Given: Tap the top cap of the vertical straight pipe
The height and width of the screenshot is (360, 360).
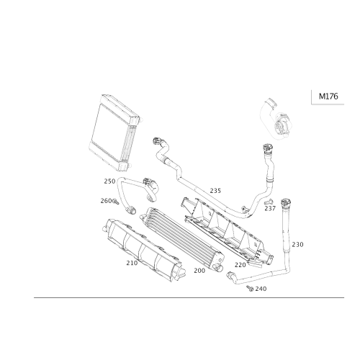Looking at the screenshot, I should pyautogui.click(x=286, y=202).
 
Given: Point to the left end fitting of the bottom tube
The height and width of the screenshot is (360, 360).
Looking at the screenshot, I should pyautogui.click(x=231, y=274).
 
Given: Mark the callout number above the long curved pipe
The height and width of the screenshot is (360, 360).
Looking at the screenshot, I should pyautogui.click(x=215, y=189).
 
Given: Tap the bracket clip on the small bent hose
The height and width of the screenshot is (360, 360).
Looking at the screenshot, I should pyautogui.click(x=152, y=186).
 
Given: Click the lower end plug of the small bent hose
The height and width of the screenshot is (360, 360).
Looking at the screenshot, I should pyautogui.click(x=131, y=210).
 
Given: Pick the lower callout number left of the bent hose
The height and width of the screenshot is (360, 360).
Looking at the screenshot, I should pyautogui.click(x=107, y=199).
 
